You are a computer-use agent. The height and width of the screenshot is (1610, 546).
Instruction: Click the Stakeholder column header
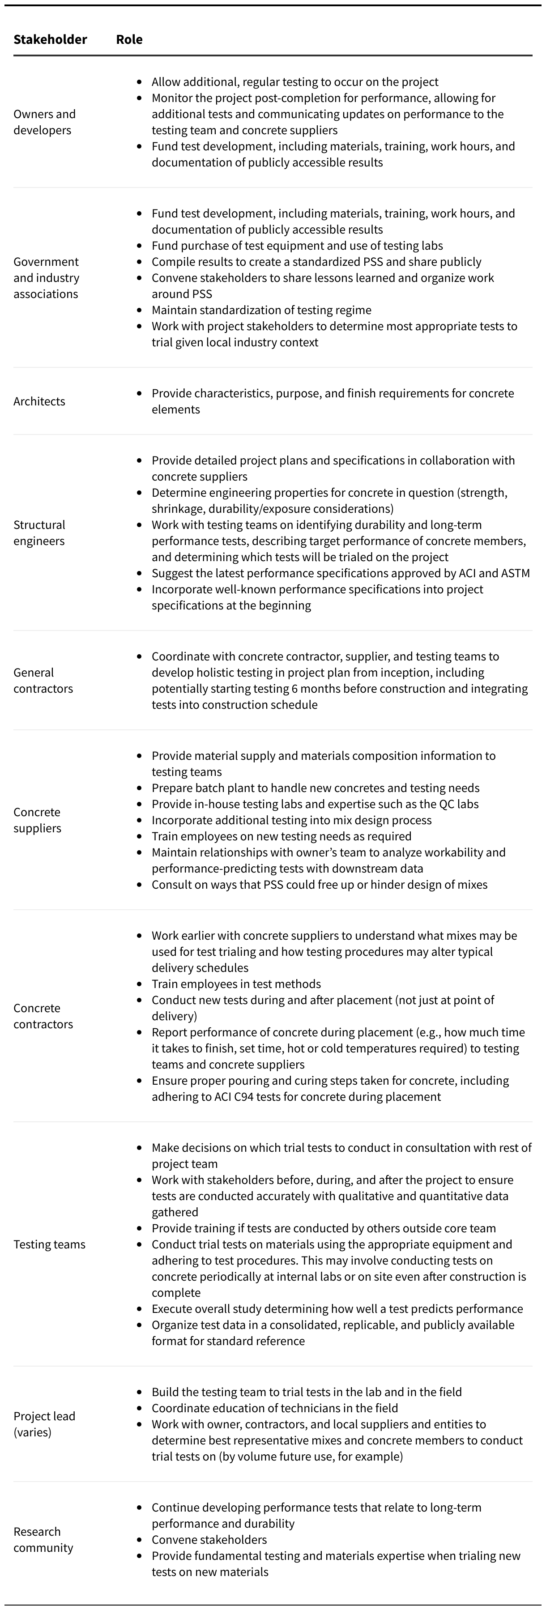coord(50,39)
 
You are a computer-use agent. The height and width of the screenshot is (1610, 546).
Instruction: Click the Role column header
coord(129,39)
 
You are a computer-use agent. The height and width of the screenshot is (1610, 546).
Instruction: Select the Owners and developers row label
coord(44,122)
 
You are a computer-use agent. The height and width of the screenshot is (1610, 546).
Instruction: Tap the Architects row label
coord(39,401)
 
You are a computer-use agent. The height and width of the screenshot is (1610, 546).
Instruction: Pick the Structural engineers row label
coord(39,532)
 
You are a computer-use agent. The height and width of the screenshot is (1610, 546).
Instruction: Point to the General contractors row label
coord(43,681)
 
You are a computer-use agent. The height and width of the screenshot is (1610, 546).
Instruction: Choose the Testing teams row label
coord(49,1244)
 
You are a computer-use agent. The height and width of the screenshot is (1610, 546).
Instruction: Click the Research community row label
coord(43,1539)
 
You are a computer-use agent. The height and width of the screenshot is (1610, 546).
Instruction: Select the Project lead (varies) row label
coord(44,1424)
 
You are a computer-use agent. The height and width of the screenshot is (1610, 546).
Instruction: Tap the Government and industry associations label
coord(46,277)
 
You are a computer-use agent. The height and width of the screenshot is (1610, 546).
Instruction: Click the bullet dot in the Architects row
coord(139,394)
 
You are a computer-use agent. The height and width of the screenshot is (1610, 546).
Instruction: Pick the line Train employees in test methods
coord(236,984)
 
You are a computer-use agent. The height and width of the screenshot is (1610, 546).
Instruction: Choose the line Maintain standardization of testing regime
coord(261,310)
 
